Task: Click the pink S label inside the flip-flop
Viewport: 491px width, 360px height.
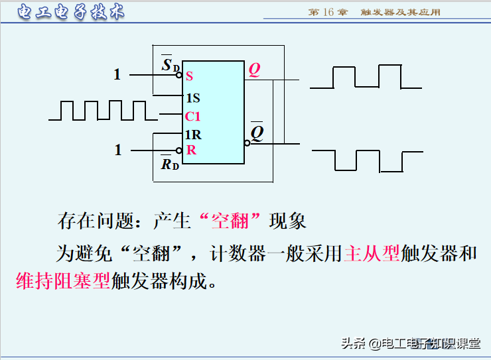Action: (190, 76)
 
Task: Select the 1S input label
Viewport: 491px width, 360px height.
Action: (192, 98)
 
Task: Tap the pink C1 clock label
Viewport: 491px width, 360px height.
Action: (192, 117)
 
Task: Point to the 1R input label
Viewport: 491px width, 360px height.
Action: (193, 135)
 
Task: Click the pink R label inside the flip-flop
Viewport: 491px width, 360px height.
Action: (191, 150)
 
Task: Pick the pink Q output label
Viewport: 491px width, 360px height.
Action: (254, 69)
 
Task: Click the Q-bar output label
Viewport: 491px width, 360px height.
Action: (257, 132)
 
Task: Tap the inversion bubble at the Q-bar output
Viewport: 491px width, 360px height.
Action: (247, 143)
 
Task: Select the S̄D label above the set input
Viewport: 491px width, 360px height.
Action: (170, 65)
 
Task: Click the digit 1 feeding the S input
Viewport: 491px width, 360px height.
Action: (117, 75)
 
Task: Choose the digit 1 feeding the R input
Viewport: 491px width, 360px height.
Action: (118, 150)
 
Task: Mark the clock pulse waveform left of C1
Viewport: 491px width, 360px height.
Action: (103, 110)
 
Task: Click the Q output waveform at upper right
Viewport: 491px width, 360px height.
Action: (365, 76)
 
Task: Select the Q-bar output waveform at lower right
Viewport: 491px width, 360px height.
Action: (366, 160)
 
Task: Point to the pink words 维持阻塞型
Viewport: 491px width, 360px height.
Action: (63, 281)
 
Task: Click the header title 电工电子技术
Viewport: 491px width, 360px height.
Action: (70, 11)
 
